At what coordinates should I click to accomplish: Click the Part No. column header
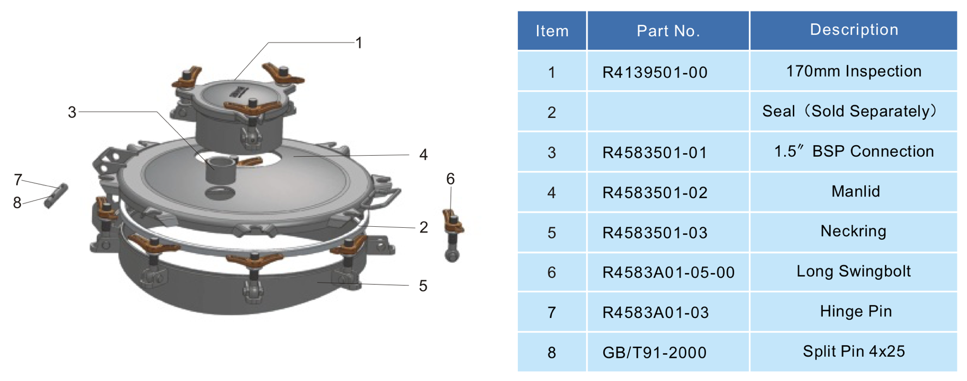coord(668,31)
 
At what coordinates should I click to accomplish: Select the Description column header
coord(854,30)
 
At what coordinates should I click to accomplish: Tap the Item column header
coord(552,31)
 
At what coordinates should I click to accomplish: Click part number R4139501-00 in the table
coord(655,72)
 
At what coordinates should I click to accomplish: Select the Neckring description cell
coord(854,231)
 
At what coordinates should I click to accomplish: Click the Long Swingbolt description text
coord(854,271)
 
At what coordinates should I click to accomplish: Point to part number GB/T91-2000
coord(654,352)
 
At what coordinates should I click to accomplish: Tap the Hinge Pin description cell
coord(856,311)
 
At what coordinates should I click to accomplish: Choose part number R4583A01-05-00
coord(668,272)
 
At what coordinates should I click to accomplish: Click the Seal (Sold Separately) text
coord(850,111)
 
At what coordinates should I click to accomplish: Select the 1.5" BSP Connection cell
coord(854,151)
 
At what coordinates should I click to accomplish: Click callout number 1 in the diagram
coord(359,43)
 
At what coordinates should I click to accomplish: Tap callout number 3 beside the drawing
coord(72,112)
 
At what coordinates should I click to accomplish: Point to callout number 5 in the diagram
coord(423,286)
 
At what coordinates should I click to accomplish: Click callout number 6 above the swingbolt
coord(450,178)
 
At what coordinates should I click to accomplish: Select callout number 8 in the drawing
coord(17,203)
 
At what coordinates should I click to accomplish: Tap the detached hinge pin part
coord(56,196)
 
